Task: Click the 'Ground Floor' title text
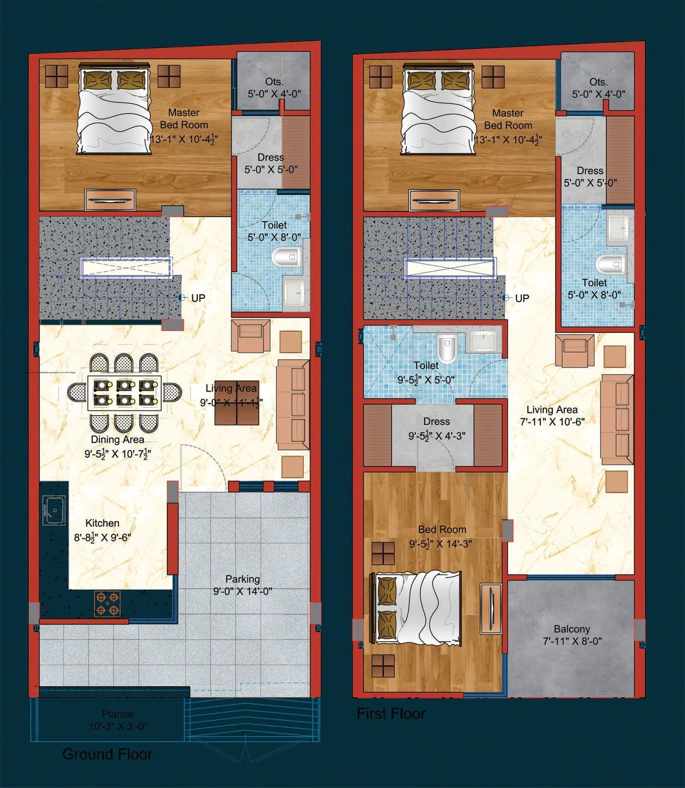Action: pos(107,754)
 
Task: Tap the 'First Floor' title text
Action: pos(391,713)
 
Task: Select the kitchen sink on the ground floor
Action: pos(54,510)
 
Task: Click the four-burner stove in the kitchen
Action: pos(107,604)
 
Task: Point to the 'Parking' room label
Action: pos(242,579)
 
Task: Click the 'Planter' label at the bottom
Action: pos(118,714)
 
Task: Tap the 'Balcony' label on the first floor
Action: pos(572,629)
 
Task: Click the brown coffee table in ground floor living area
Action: pos(236,403)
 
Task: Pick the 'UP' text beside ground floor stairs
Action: pos(198,298)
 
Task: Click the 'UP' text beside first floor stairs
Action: pos(522,298)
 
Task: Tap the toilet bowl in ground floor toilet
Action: pos(286,258)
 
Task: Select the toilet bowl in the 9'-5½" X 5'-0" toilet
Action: pos(447,348)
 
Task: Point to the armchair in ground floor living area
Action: pos(250,335)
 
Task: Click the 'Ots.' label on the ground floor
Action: pos(274,81)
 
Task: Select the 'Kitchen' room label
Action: pos(102,523)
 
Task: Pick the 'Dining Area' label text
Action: pos(117,440)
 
